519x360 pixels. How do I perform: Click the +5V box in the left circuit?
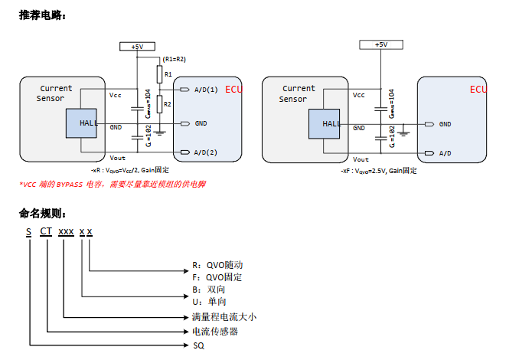[x=137, y=47]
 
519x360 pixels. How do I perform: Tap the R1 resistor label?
[x=168, y=74]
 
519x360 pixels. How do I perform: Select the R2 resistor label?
[x=168, y=103]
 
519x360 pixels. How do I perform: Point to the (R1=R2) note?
[x=175, y=59]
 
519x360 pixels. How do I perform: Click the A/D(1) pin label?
[x=206, y=90]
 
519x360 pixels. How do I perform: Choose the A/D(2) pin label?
[x=206, y=152]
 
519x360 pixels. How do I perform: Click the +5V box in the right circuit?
[x=380, y=45]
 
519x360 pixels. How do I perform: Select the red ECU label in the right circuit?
[x=478, y=90]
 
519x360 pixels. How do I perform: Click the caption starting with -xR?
[x=130, y=169]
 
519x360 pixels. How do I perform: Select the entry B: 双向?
[x=210, y=290]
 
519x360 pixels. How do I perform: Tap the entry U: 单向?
[x=210, y=302]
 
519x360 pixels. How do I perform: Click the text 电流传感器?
[x=215, y=332]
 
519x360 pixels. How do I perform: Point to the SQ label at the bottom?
[x=199, y=345]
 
